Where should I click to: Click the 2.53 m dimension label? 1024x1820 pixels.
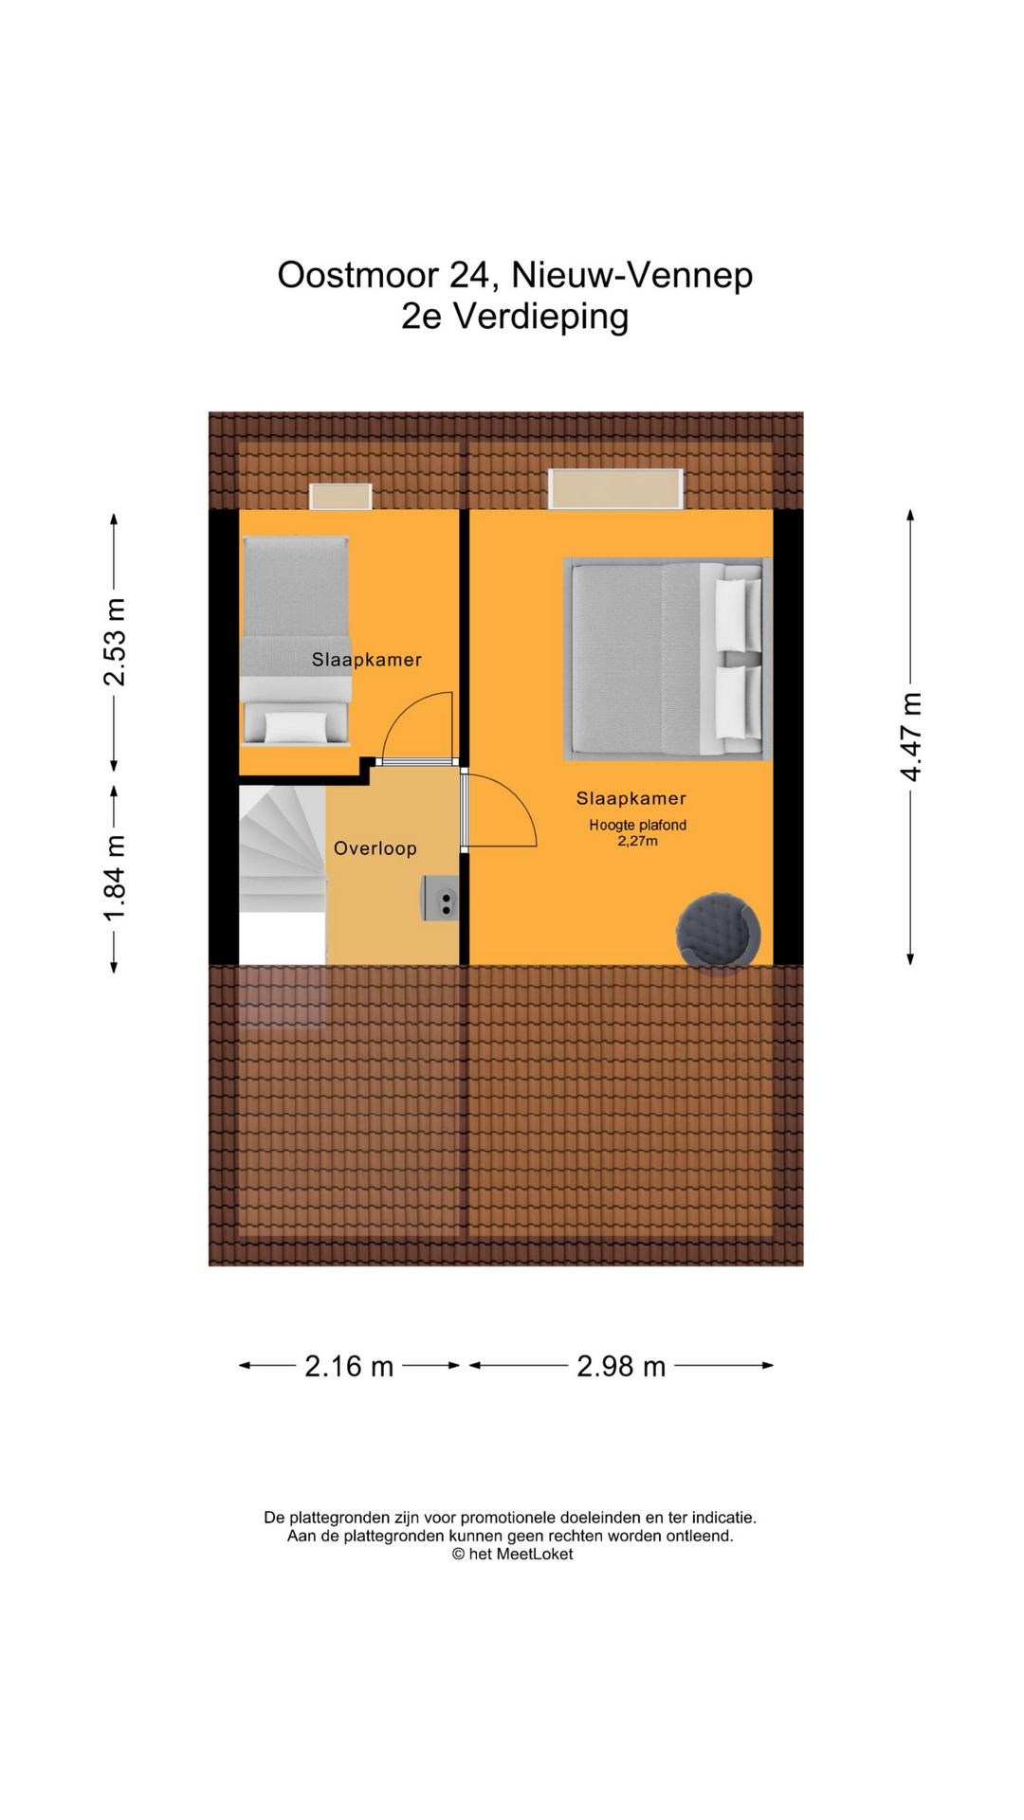coord(115,643)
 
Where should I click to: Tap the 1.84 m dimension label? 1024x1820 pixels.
coord(115,879)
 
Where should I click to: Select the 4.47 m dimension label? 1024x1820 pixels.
coord(911,738)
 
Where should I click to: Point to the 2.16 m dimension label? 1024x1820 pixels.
coord(349,1366)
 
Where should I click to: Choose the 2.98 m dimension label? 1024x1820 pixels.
coord(621,1366)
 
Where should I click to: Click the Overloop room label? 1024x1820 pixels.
coord(375,848)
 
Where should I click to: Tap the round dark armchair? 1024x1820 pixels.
coord(718,934)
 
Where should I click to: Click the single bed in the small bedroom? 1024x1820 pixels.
coord(296,641)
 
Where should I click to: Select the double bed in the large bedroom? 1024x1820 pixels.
coord(667,659)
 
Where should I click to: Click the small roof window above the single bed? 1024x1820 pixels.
coord(340,497)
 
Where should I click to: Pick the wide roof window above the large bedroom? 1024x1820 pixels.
coord(616,489)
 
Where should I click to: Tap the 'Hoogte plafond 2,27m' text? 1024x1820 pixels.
coord(637,833)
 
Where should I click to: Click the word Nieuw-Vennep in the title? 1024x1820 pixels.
coord(632,275)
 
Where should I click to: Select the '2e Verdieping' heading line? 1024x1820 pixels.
coord(515,317)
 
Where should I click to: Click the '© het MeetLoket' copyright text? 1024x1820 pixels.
coord(512,1554)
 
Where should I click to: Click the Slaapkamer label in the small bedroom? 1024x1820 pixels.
coord(367,660)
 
